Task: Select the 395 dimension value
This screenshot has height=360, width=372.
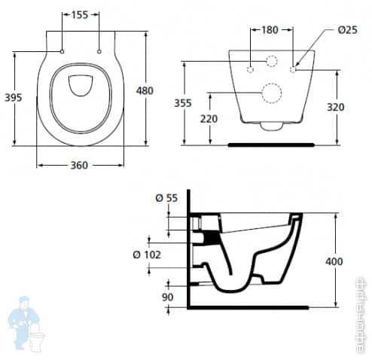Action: point(13,98)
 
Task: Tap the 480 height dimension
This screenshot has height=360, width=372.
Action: point(144,90)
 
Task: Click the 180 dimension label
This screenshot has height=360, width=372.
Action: point(270,30)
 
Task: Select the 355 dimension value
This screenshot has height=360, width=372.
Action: point(194,102)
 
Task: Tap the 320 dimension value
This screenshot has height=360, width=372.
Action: point(336,107)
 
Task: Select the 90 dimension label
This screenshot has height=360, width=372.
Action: point(168,297)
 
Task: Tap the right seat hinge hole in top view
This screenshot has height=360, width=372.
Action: point(99,51)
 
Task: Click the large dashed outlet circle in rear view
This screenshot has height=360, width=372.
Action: point(270,93)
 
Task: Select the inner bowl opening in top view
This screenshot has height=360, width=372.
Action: point(80,89)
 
